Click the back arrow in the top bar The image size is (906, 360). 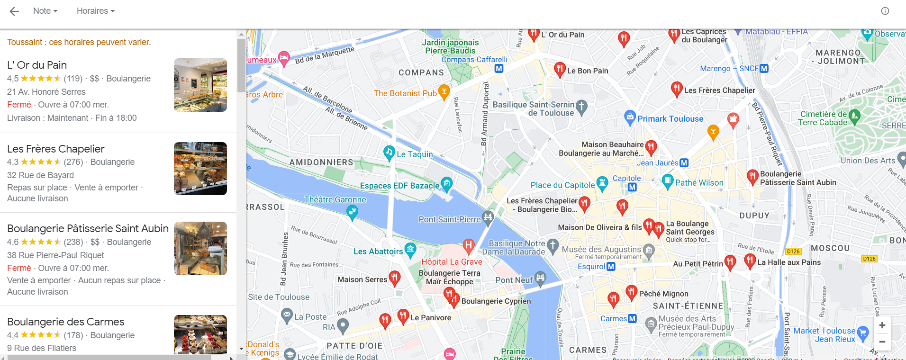(14, 11)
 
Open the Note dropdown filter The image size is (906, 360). (45, 11)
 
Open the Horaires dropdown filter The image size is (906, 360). (96, 11)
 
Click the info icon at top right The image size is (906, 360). (885, 11)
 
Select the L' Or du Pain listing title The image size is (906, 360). (37, 65)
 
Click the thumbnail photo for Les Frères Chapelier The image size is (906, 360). (200, 169)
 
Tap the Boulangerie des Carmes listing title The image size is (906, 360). (65, 322)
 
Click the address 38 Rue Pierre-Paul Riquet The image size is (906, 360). (55, 255)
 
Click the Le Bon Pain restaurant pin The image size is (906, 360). (560, 69)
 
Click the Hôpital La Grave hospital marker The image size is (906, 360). (468, 245)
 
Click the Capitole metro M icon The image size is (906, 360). (632, 188)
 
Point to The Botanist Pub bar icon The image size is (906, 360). (444, 91)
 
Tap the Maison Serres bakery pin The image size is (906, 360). (394, 278)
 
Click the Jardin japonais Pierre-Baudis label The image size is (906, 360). (450, 46)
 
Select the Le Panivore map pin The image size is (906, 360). (403, 315)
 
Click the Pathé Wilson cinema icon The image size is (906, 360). (667, 180)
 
